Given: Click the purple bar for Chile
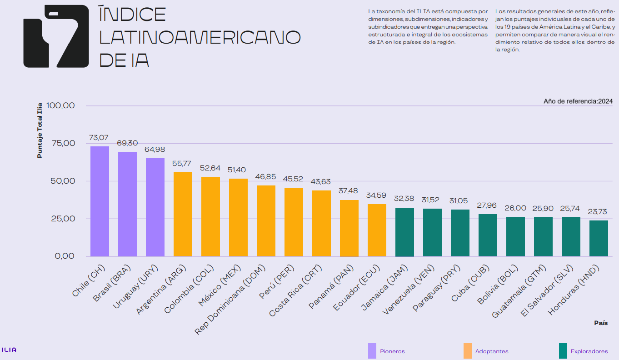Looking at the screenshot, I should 100,201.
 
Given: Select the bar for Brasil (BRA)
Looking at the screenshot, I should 127,204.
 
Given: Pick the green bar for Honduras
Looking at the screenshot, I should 599,239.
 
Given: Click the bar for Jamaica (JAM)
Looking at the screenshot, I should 404,232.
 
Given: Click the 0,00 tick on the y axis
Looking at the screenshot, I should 65,256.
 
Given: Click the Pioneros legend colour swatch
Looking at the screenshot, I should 372,351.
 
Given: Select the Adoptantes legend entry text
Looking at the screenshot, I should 492,351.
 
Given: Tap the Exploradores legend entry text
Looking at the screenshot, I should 589,351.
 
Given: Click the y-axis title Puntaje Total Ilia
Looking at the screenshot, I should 40,130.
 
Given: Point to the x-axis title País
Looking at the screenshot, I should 601,323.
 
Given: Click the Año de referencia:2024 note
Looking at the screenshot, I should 578,101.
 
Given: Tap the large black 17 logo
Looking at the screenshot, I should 56,36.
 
